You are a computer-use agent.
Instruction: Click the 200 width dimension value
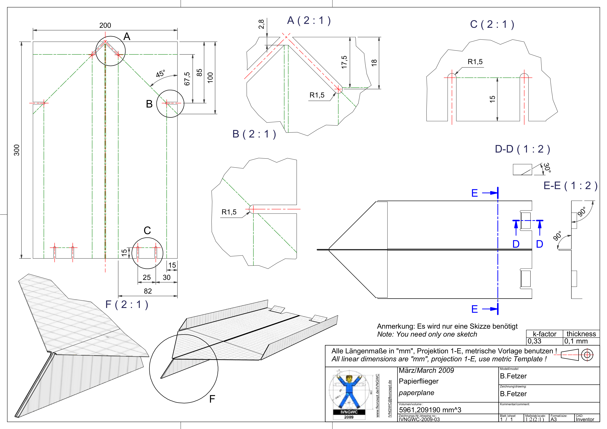click(105, 25)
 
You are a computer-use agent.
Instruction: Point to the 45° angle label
click(160, 73)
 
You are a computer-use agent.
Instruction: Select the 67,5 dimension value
click(187, 79)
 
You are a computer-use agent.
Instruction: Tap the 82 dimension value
click(148, 291)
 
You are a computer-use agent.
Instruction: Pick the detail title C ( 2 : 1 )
click(492, 24)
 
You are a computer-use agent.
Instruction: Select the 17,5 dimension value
click(344, 62)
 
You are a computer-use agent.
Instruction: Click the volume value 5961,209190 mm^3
click(430, 410)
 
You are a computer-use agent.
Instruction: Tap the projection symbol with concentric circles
click(587, 355)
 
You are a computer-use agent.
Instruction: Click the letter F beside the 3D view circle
click(212, 399)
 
